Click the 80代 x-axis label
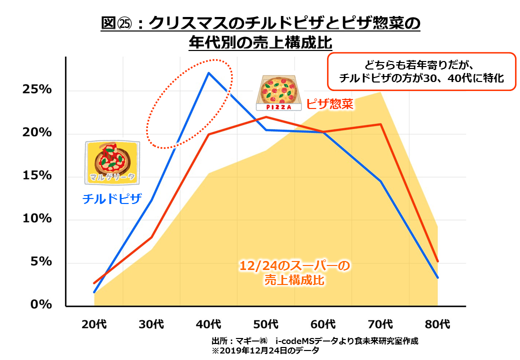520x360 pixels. pyautogui.click(x=437, y=324)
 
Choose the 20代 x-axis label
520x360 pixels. pyautogui.click(x=94, y=324)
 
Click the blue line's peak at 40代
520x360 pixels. pyautogui.click(x=208, y=73)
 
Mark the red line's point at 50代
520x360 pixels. pyautogui.click(x=266, y=117)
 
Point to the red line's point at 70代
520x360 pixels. pyautogui.click(x=381, y=124)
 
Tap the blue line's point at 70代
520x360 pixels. pyautogui.click(x=381, y=181)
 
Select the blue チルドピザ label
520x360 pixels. pyautogui.click(x=112, y=199)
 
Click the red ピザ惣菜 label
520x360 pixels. pyautogui.click(x=329, y=104)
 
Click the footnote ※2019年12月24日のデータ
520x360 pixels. pyautogui.click(x=265, y=350)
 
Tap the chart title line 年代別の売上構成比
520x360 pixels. pyautogui.click(x=260, y=43)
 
